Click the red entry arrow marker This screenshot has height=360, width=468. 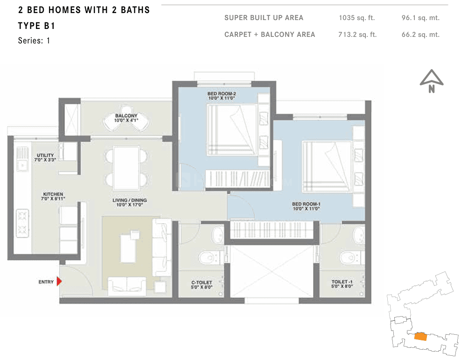(59, 282)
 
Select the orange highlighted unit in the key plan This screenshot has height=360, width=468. (420, 336)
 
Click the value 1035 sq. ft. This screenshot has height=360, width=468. (356, 18)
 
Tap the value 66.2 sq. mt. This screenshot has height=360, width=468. (420, 35)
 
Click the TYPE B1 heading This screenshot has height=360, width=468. (36, 26)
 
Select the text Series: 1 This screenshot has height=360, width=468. (34, 41)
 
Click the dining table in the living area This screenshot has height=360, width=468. (126, 168)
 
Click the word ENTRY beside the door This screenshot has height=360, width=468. (46, 282)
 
